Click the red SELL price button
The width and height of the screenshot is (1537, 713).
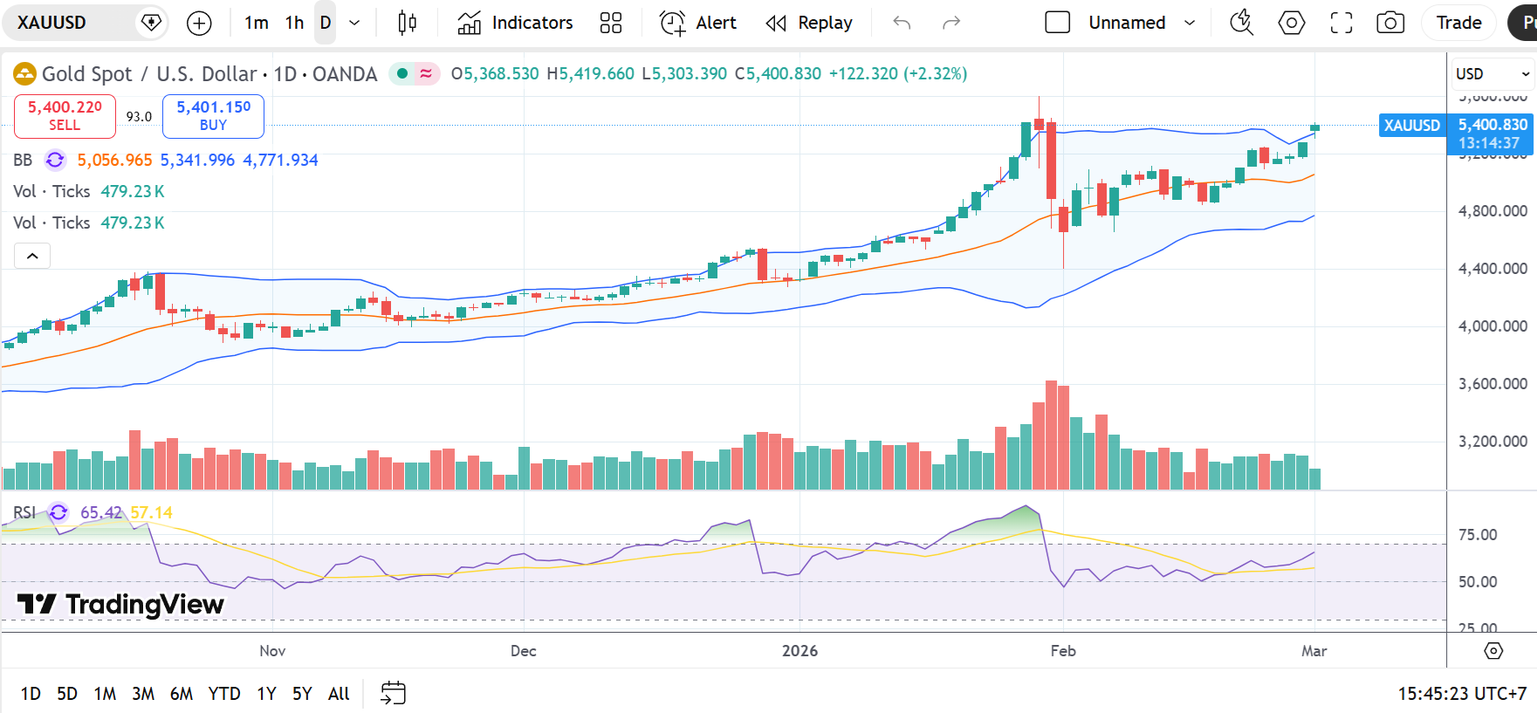coord(65,116)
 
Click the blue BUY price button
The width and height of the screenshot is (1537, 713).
coord(213,116)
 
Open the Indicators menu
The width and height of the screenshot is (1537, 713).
coord(515,23)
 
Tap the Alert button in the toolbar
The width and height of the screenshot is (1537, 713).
coord(698,23)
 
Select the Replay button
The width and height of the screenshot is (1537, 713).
coord(809,23)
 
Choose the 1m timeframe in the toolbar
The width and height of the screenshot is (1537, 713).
coord(257,23)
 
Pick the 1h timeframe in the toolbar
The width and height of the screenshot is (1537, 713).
coord(295,23)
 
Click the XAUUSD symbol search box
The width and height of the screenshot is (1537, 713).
coord(70,23)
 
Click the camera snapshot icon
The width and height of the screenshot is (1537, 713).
coord(1390,23)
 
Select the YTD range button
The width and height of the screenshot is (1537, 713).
coord(224,694)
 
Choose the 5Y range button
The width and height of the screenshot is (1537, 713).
coord(302,694)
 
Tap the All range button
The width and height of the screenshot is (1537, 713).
coord(339,694)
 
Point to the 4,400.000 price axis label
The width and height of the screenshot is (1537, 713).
coord(1492,269)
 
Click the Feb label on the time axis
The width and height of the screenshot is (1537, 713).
coord(1063,651)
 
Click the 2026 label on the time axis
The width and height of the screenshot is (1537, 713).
coord(799,651)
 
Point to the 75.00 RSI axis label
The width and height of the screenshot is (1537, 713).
coord(1478,535)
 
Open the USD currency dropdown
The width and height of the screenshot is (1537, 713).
coord(1492,74)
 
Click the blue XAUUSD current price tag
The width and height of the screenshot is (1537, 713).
coord(1411,126)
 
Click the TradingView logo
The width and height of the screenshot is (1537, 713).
coord(120,604)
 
